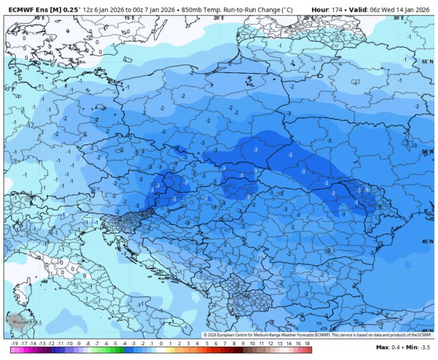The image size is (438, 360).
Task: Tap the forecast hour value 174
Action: (x=339, y=10)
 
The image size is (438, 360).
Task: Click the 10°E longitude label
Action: (x=39, y=18)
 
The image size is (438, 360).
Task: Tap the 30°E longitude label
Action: (x=398, y=18)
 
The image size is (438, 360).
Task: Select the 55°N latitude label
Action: (x=427, y=62)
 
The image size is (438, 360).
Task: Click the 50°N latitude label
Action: (x=427, y=152)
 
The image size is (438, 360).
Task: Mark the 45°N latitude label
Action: (x=427, y=242)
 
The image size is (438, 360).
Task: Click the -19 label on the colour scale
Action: (x=15, y=344)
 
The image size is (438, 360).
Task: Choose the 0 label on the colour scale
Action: (x=161, y=344)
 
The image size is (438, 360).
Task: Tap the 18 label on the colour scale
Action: (x=307, y=344)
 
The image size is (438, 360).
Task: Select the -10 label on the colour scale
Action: (x=69, y=344)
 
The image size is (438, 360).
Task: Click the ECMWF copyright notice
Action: (x=317, y=335)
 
